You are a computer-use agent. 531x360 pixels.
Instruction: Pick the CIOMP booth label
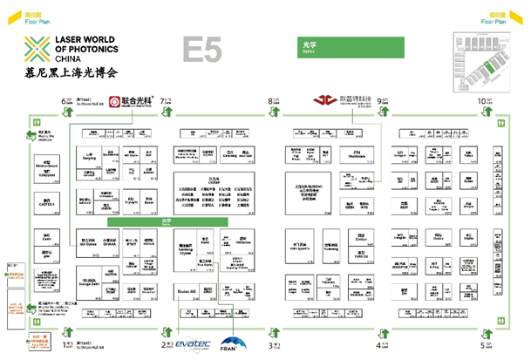212,180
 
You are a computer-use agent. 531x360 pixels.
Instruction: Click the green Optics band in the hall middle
167,222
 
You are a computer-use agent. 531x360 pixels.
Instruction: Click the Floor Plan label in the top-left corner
37,21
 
